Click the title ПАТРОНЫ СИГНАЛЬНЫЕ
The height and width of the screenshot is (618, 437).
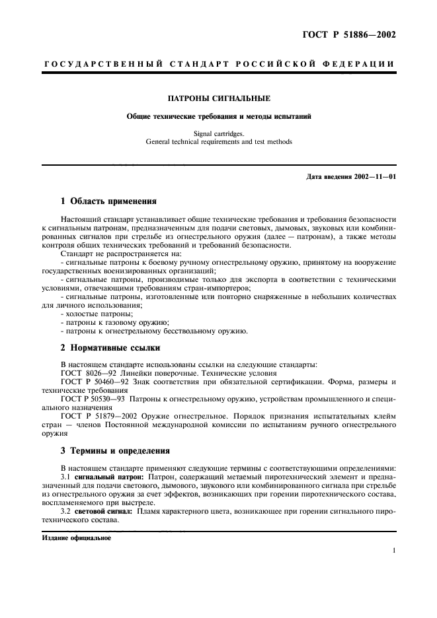219,98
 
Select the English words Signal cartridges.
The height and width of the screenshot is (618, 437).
219,133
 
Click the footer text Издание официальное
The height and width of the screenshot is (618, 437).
77,537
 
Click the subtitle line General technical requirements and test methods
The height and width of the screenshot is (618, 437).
219,141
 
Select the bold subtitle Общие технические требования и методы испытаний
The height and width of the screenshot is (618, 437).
219,116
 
